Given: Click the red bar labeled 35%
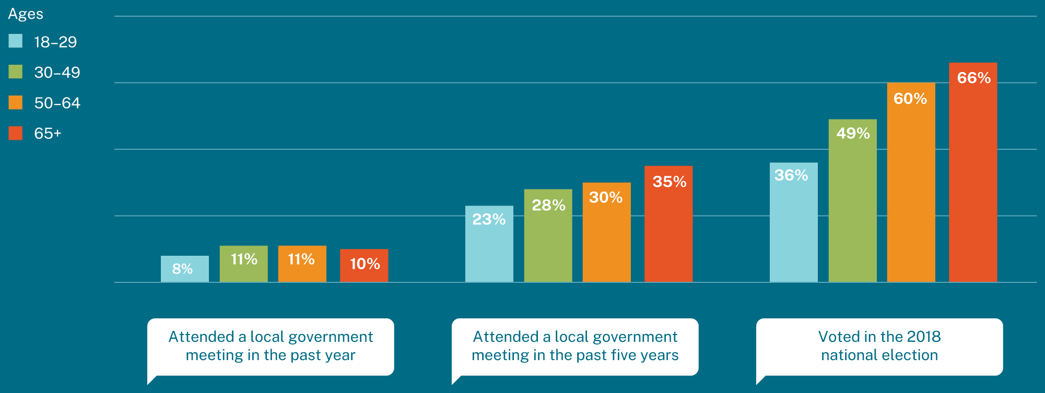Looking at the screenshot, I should (668, 224).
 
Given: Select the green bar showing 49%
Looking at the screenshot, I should (852, 200).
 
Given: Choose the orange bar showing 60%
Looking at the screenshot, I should (911, 182).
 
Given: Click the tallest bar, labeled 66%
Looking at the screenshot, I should (972, 172).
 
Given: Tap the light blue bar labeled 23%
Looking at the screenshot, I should (489, 244).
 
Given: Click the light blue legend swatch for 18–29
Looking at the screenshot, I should (16, 41).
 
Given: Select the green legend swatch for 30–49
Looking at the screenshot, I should (16, 72).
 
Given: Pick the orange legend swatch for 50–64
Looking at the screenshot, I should (16, 102).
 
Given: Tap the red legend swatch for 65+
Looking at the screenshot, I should (16, 133).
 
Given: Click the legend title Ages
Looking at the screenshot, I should (26, 14).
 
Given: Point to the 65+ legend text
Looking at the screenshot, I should (48, 134).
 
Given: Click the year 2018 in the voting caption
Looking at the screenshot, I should (924, 337).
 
